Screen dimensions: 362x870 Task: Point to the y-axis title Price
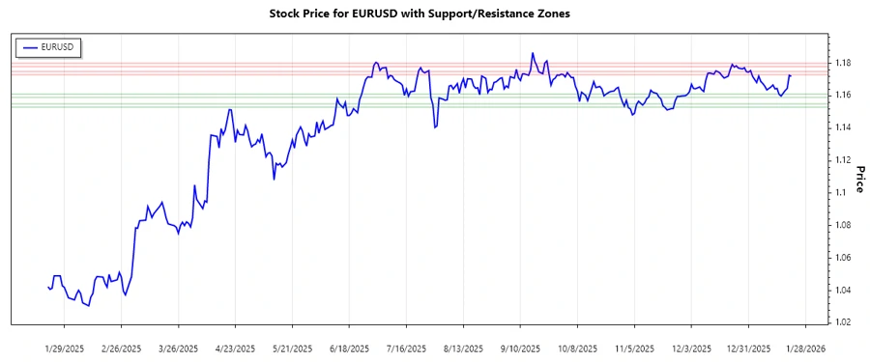pos(857,180)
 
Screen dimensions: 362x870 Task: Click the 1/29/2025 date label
pos(66,348)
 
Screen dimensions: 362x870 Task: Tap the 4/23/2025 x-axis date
pos(235,348)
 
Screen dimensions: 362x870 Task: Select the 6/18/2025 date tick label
pos(349,348)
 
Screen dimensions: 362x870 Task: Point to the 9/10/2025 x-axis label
pos(519,348)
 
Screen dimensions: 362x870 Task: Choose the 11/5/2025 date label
pos(633,348)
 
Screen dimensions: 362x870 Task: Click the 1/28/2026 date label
pos(803,348)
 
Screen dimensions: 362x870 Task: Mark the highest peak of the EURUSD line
pos(533,53)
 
